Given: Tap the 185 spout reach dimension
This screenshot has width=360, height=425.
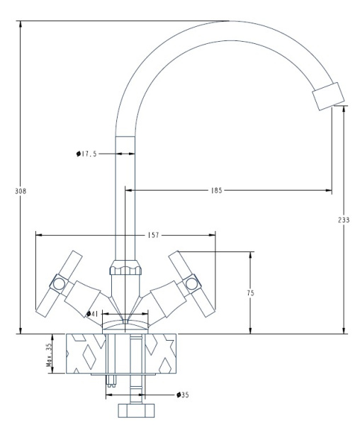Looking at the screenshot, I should point(216,191).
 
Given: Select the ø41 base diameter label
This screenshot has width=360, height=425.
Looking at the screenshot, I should point(91,313).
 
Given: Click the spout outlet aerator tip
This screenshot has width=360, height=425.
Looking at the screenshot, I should point(327,96).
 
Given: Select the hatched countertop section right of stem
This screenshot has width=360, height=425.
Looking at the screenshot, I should point(164,352).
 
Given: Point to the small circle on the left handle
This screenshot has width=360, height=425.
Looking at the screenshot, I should point(58,285).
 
